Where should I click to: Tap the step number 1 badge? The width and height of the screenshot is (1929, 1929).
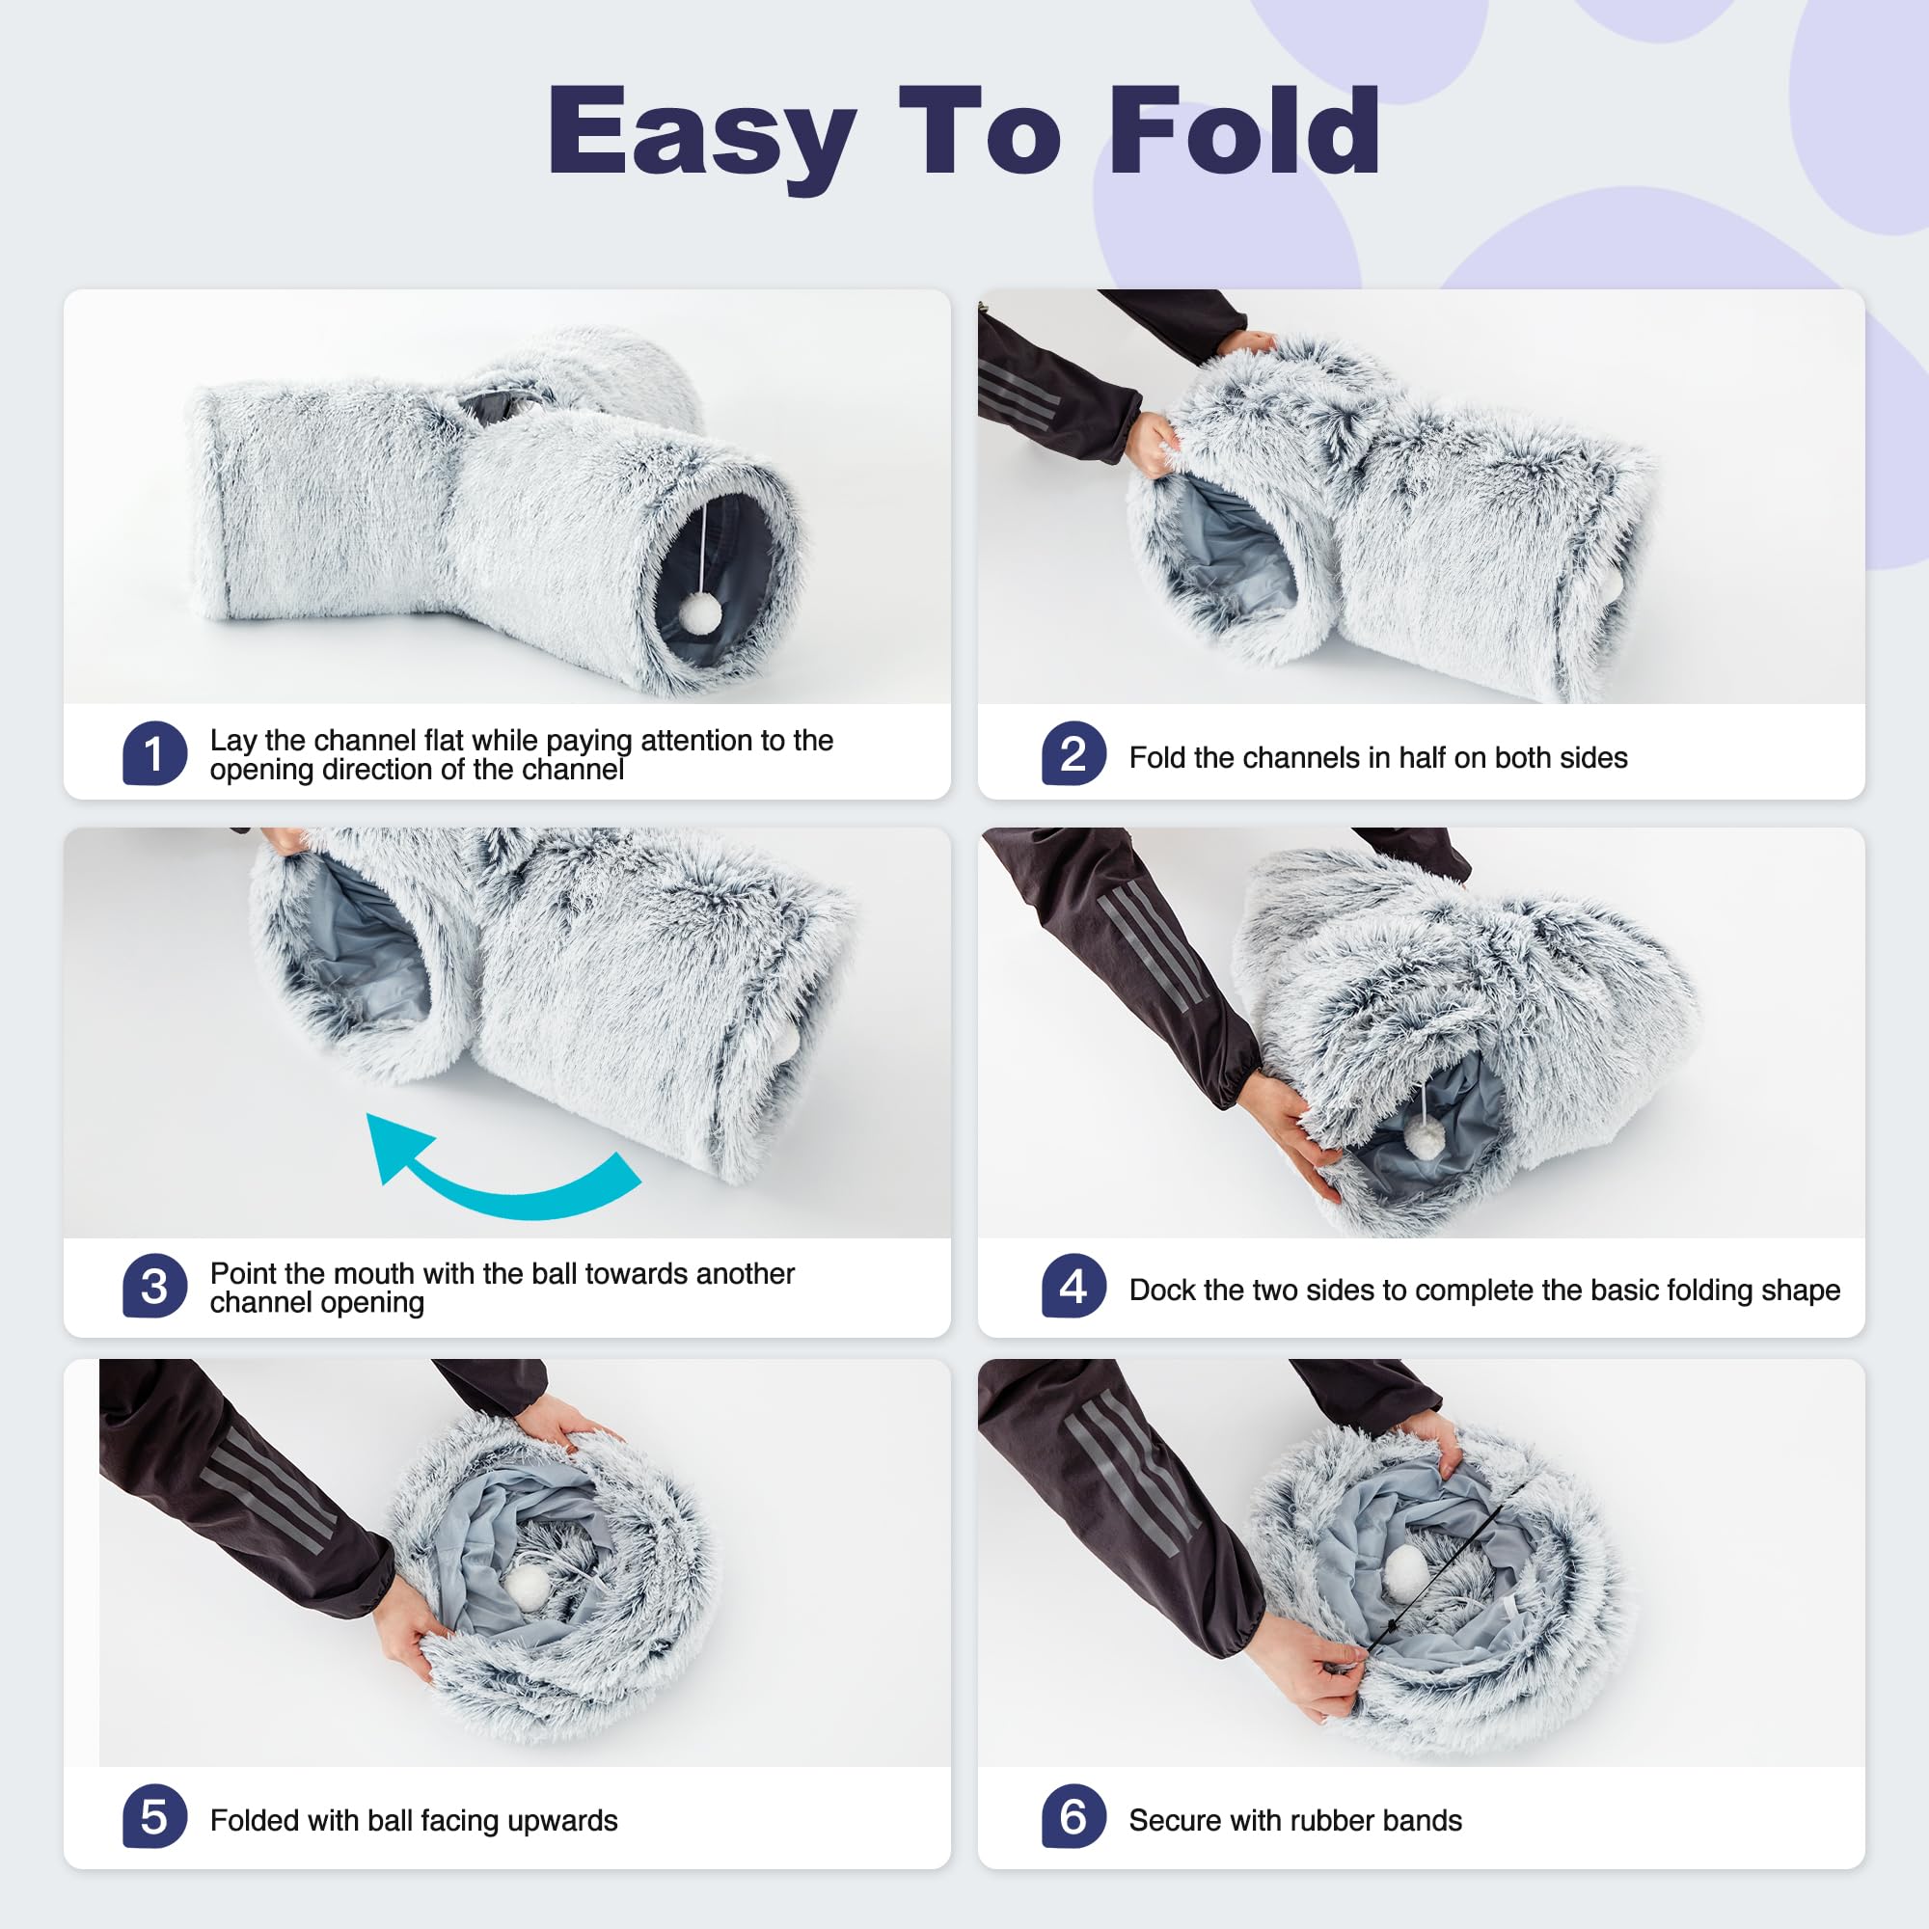154,754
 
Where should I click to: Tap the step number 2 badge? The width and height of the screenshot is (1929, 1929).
1073,754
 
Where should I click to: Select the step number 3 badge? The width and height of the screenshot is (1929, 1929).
154,1286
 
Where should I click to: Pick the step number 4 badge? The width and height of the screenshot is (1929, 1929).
1073,1286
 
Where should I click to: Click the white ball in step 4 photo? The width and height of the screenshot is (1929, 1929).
1426,1138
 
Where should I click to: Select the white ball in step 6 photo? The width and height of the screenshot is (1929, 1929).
1406,1568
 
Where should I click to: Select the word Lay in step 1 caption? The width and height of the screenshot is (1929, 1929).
231,741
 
